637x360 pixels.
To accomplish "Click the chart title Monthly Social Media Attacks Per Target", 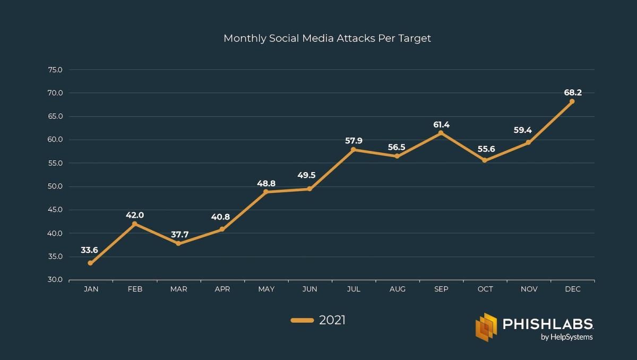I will point(327,38).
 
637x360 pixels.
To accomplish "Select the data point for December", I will point(572,101).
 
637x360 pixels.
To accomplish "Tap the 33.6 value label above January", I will point(89,250).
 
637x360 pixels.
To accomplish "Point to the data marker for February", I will point(134,224).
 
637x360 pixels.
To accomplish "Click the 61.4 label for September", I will point(441,125).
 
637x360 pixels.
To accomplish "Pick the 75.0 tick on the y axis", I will point(55,70).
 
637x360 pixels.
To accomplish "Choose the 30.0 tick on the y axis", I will point(55,280).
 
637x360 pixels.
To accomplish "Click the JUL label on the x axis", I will point(354,289).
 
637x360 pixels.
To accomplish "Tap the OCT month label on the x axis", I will point(485,289).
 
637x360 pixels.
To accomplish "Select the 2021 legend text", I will point(332,320).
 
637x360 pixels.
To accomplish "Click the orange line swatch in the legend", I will point(302,320).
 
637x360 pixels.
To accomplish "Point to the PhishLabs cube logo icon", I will point(486,327).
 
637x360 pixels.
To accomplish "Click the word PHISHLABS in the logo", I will point(547,324).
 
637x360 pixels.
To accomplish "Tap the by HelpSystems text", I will point(566,337).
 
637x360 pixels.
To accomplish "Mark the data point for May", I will point(266,192).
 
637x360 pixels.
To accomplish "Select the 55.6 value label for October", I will point(486,149).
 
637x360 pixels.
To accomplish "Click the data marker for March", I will point(178,244).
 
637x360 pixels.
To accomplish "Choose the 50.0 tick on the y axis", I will point(55,186).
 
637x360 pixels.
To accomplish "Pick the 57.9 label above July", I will point(354,141).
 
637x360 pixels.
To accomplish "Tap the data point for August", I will point(397,156).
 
